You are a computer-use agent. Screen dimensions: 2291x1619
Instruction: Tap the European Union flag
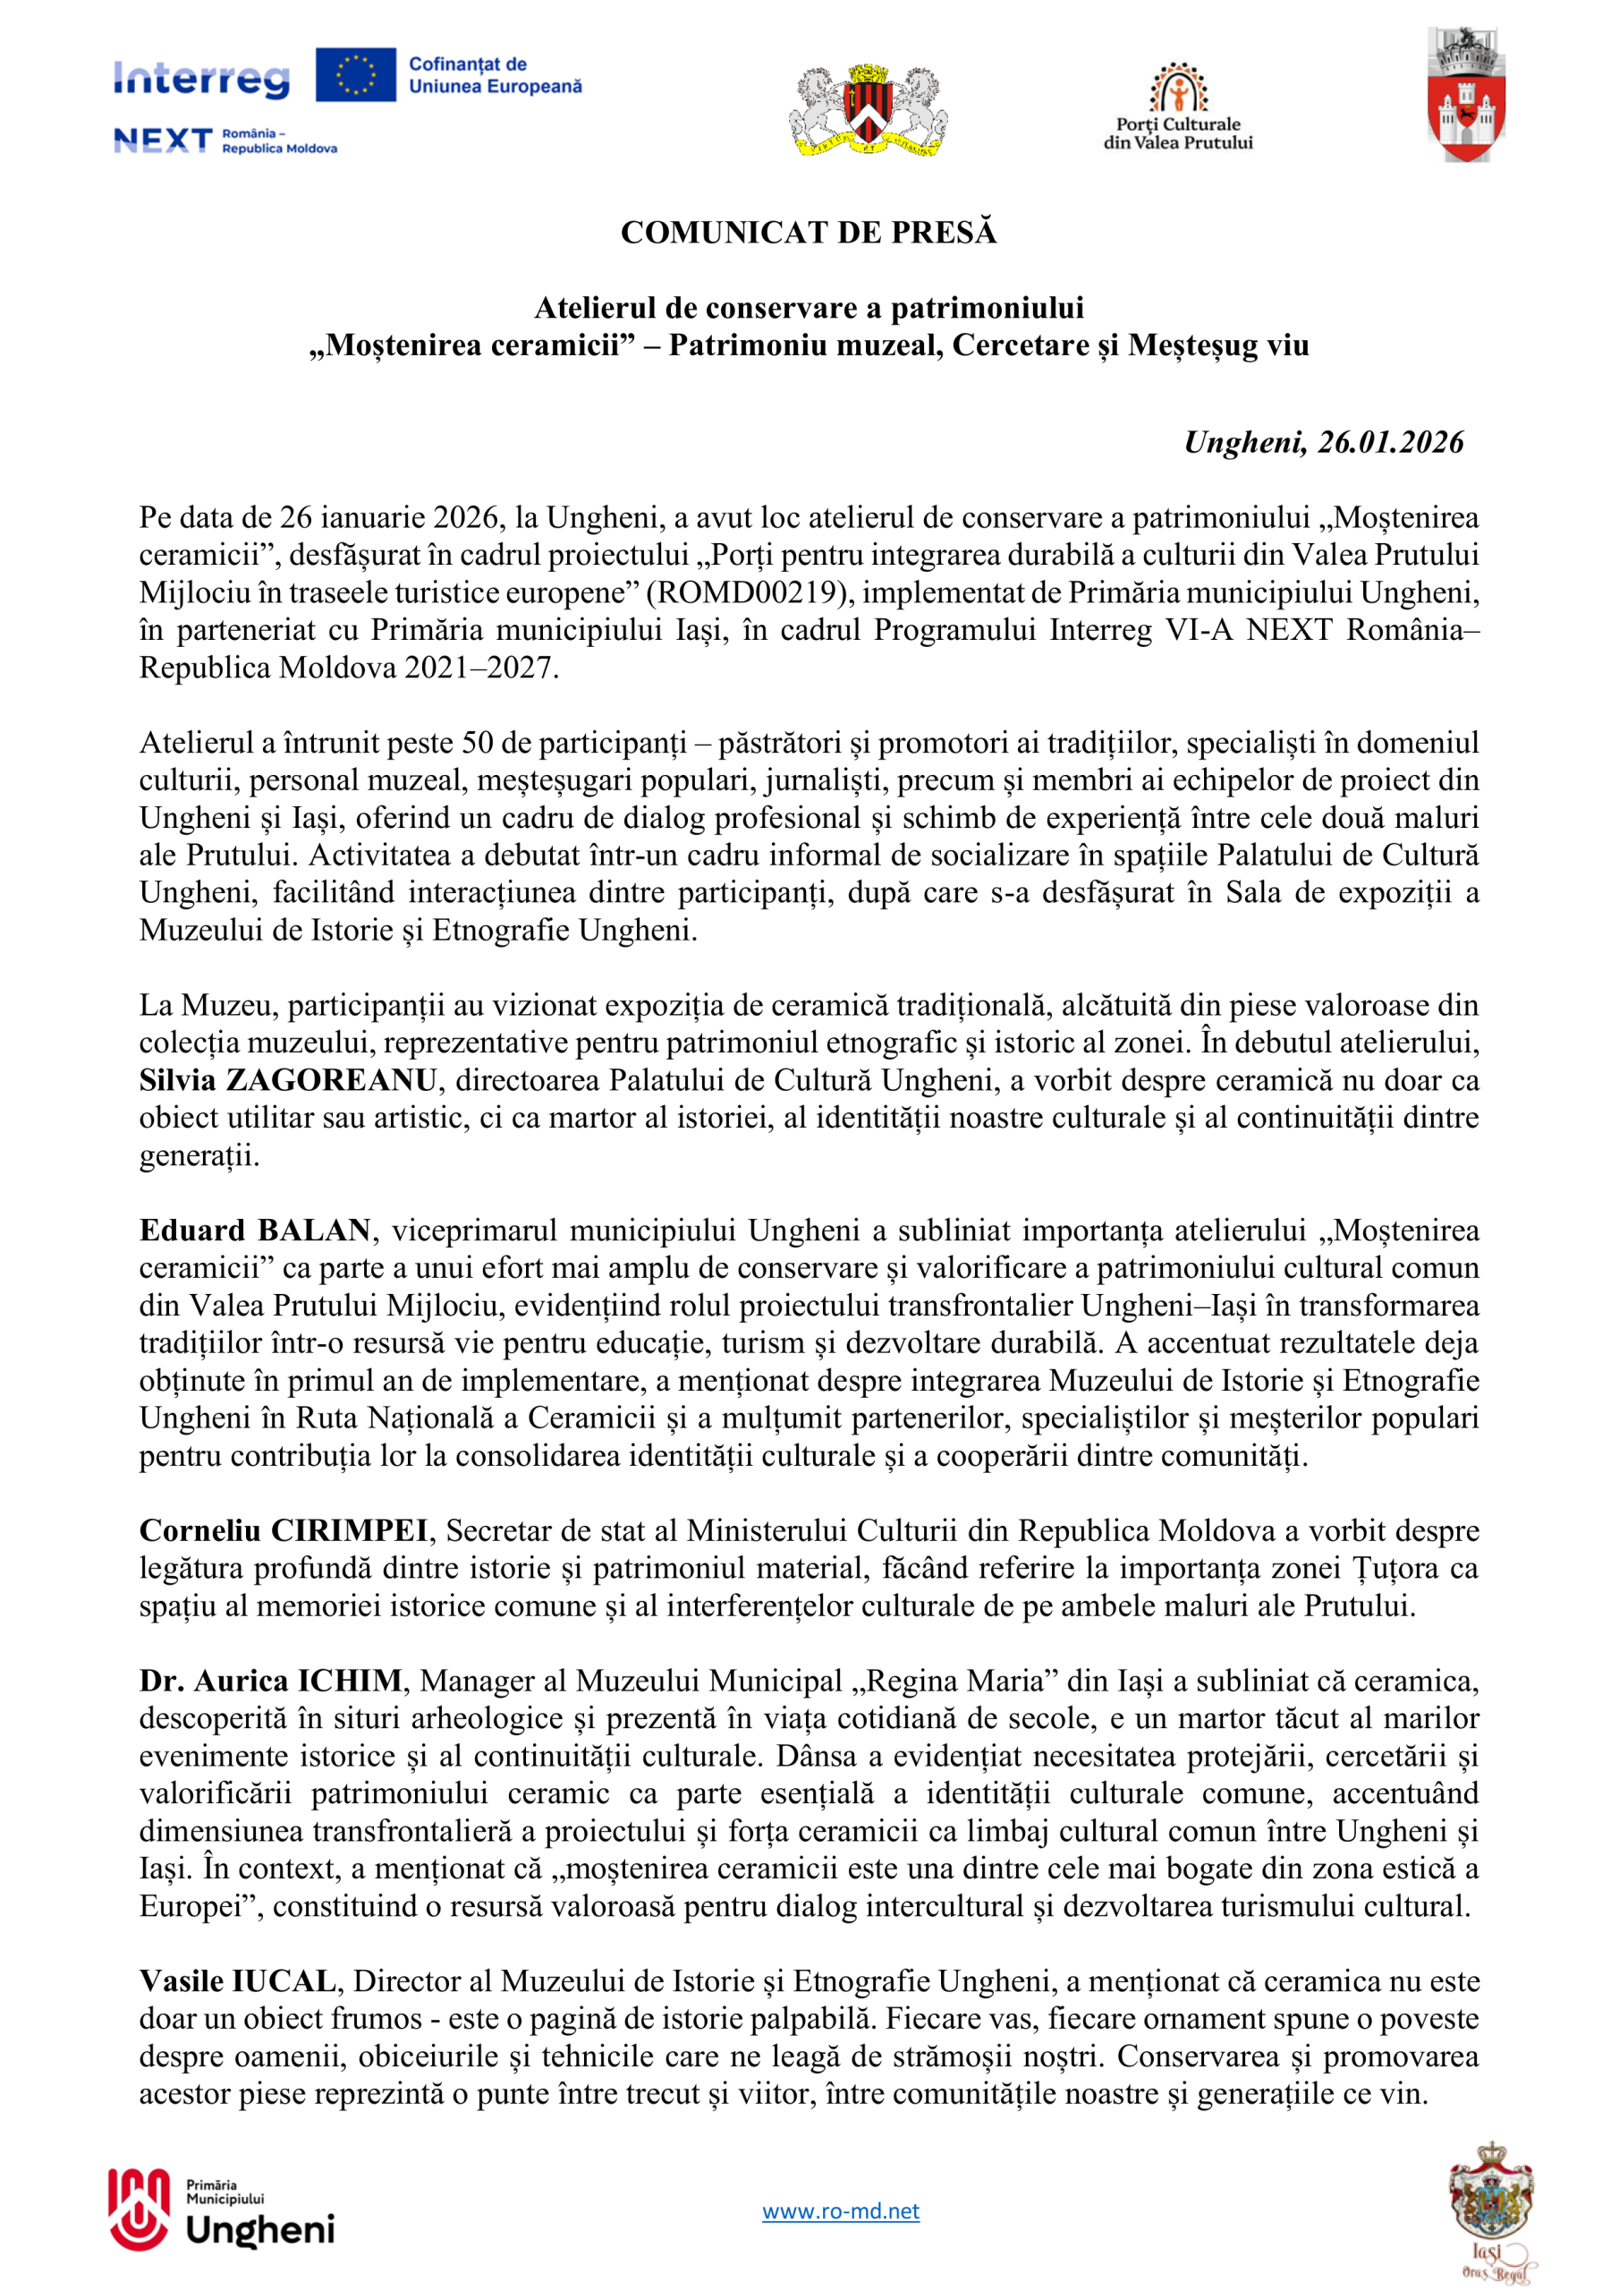[355, 75]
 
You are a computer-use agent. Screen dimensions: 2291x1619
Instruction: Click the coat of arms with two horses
[868, 111]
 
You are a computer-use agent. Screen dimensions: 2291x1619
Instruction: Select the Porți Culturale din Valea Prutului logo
[1178, 106]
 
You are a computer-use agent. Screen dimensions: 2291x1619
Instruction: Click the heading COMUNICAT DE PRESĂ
[808, 233]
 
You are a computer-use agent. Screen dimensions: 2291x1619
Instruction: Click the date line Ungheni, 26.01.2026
[1323, 442]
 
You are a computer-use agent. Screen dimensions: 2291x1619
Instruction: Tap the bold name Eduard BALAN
[255, 1231]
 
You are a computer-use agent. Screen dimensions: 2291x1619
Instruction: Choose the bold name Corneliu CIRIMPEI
[284, 1530]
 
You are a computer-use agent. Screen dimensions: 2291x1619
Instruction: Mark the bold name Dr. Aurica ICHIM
[270, 1682]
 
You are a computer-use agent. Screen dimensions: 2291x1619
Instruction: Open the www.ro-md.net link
[840, 2211]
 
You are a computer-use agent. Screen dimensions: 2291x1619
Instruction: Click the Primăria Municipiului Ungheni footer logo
[222, 2211]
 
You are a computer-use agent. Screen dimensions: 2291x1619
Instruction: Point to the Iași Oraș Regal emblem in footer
[1491, 2208]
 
